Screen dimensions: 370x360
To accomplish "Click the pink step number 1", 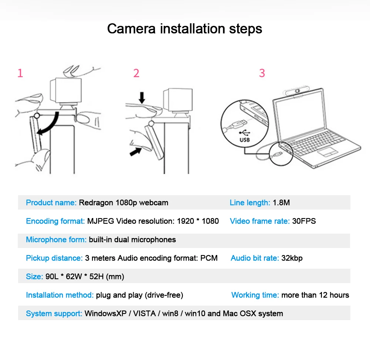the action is pos(20,73).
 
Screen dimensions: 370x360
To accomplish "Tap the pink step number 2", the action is pos(137,73).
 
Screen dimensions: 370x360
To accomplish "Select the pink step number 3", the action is pos(262,73).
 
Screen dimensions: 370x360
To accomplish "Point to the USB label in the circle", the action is pos(245,140).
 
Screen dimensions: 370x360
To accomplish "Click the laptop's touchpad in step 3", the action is pos(328,152).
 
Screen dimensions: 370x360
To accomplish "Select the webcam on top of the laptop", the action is pos(296,92).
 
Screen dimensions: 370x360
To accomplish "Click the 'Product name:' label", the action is pos(51,203).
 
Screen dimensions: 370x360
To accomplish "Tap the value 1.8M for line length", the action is pos(281,203).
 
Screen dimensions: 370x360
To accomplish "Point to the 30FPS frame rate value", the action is pos(304,221).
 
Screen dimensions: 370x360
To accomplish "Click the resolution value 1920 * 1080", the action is pos(198,221).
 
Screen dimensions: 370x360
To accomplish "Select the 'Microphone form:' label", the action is pos(56,240).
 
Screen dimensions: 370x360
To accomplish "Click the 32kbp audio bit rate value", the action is pos(292,258).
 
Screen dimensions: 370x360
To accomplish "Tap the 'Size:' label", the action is pos(34,276).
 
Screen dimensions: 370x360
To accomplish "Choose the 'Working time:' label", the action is pos(255,295).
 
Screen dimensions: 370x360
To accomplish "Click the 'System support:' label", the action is pos(54,313).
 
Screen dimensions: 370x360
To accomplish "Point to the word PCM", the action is pos(209,258).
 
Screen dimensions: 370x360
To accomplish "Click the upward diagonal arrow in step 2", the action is pos(136,152).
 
